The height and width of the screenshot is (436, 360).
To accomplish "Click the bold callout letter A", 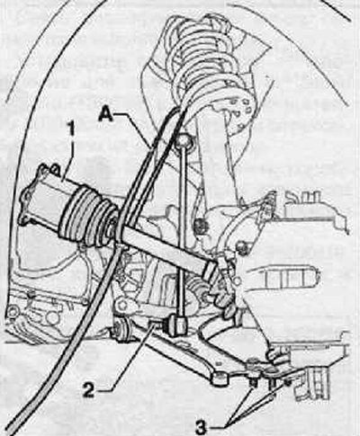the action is point(106,114).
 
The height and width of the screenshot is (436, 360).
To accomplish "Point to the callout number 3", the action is point(202,428).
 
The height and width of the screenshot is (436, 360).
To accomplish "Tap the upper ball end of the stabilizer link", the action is point(183,140).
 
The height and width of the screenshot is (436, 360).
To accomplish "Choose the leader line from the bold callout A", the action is point(134,129).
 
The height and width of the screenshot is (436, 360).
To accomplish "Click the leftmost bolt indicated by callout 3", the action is point(254,383).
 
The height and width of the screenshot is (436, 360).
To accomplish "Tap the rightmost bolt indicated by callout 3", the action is point(287,382).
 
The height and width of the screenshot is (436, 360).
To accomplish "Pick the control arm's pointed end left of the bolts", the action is point(220,378).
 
